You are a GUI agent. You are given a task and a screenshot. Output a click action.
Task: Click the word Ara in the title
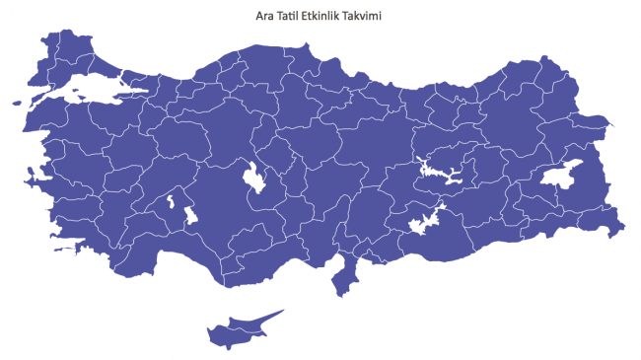pyautogui.click(x=264, y=16)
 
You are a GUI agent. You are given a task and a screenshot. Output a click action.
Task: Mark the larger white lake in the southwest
pyautogui.click(x=186, y=214)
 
